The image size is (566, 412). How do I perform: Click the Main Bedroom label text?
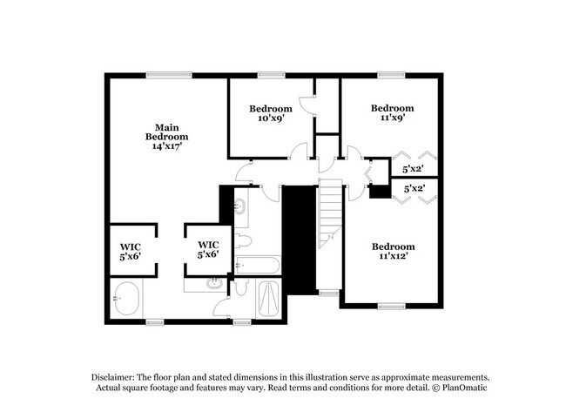166,136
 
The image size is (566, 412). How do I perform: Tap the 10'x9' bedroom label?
270,114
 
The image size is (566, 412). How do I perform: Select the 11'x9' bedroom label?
392,114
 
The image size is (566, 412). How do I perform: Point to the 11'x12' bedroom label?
392,251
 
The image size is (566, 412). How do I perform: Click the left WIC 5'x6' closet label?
130,252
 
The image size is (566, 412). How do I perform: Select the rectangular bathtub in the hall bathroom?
259,264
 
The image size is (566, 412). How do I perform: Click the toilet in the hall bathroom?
245,239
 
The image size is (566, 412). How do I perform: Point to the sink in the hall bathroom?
240,206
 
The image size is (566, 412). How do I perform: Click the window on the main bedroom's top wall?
163,76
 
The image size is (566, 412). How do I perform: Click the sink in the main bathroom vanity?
214,283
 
